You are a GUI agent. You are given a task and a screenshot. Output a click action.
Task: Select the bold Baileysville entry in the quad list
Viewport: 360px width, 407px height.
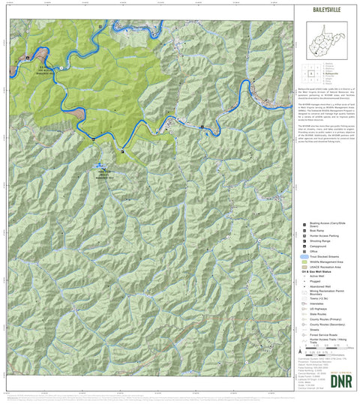point(330,73)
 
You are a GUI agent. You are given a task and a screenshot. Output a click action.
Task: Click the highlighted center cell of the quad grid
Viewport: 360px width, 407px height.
point(310,73)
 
